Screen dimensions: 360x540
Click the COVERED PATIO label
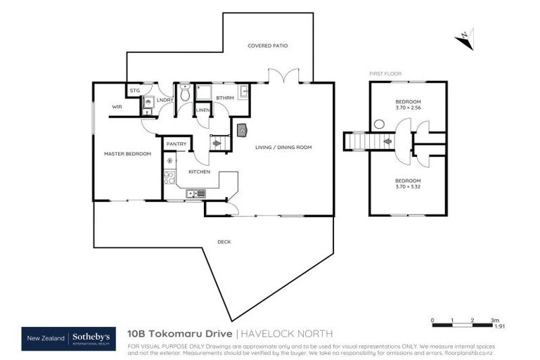coord(267,46)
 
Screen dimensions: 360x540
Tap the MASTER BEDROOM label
coord(127,153)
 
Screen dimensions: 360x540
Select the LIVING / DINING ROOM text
coord(283,147)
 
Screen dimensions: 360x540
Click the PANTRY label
coord(176,144)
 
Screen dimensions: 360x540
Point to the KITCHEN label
coord(198,172)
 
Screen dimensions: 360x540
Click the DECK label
coord(224,242)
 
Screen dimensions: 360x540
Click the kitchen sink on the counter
coord(195,193)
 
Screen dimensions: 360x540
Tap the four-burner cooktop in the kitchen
coord(169,176)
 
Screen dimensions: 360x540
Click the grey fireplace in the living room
coord(242,129)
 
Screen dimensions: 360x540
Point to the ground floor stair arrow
coord(217,143)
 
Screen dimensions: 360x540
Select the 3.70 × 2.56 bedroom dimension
coord(408,108)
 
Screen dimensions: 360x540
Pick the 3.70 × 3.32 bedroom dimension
coord(408,186)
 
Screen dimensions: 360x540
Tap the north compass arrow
coord(463,39)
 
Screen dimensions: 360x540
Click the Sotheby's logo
coord(91,339)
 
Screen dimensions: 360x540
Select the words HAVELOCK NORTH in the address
coord(288,333)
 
